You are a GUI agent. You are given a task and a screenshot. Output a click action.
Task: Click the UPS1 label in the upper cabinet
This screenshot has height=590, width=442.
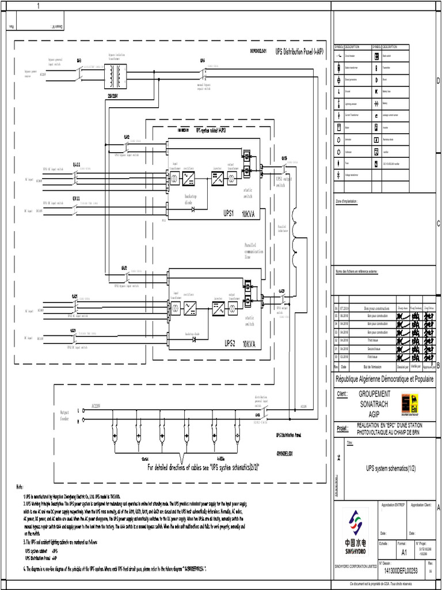point(228,213)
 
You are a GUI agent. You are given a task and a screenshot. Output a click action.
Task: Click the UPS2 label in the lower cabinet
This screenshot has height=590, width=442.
point(230,343)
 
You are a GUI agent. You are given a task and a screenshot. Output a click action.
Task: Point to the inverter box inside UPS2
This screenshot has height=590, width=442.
point(218,309)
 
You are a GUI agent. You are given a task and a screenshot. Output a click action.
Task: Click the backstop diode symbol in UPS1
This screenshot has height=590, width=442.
point(193,210)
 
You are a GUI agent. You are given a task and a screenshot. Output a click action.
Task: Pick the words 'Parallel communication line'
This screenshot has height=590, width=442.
point(253,251)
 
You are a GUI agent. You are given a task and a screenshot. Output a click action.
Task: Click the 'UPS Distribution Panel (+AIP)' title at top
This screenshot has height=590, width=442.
point(299,51)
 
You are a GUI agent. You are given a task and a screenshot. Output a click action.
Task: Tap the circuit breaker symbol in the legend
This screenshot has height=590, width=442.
point(338,56)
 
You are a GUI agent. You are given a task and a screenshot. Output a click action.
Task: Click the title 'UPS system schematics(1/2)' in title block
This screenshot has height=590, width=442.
point(384,469)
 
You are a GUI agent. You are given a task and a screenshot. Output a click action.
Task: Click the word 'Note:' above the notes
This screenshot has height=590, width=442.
point(20,487)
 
